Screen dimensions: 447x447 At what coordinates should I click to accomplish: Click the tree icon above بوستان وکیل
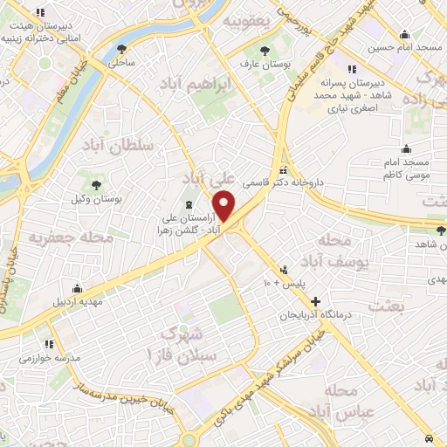(x=93, y=184)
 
